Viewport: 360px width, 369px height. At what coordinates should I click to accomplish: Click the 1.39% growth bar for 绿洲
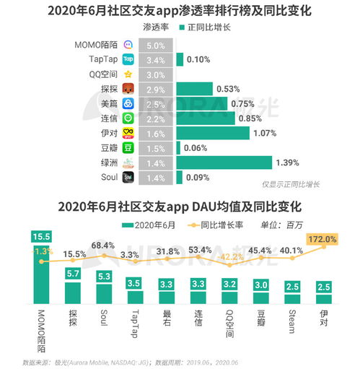[224, 162]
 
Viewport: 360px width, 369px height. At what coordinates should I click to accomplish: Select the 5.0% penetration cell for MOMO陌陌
[155, 45]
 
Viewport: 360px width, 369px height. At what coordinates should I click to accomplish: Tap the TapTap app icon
[128, 60]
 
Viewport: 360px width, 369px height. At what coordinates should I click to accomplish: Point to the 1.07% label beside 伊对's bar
[266, 133]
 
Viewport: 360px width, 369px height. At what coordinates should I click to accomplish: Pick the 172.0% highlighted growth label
[322, 238]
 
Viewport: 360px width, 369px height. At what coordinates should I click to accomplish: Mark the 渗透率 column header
[157, 28]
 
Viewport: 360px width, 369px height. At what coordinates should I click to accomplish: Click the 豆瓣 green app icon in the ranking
[128, 147]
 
